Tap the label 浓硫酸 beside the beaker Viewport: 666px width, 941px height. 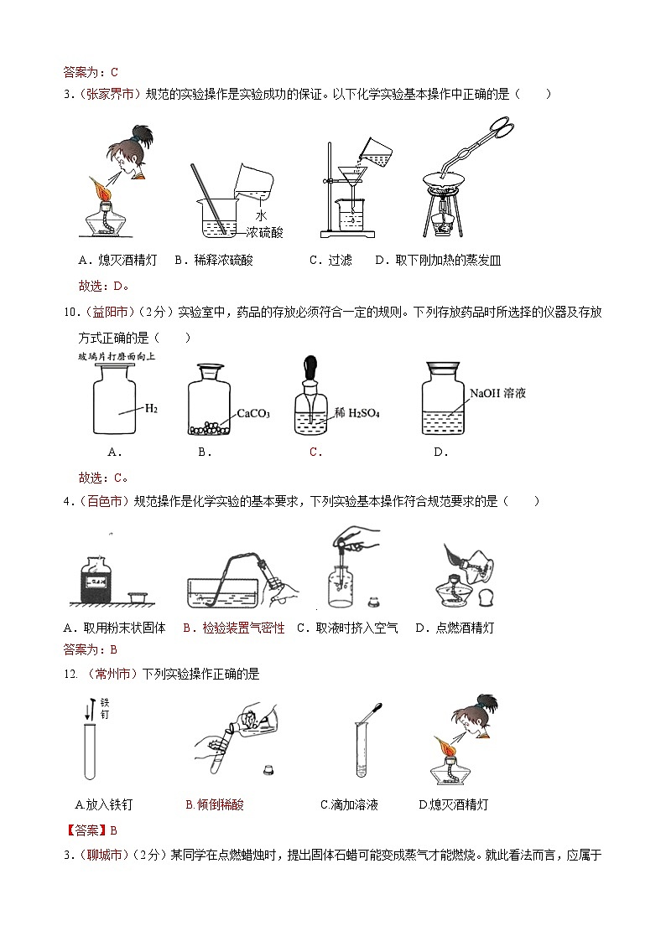click(x=266, y=232)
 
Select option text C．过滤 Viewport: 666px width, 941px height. click(x=330, y=261)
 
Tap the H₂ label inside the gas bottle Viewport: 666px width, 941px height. click(x=151, y=409)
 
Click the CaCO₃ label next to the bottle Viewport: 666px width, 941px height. click(x=252, y=413)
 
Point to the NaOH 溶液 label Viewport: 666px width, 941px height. click(x=497, y=392)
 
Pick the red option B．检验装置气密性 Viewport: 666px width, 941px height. click(x=233, y=628)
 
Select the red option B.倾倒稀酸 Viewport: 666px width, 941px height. click(x=214, y=804)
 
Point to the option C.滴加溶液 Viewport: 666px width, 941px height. click(x=349, y=804)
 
